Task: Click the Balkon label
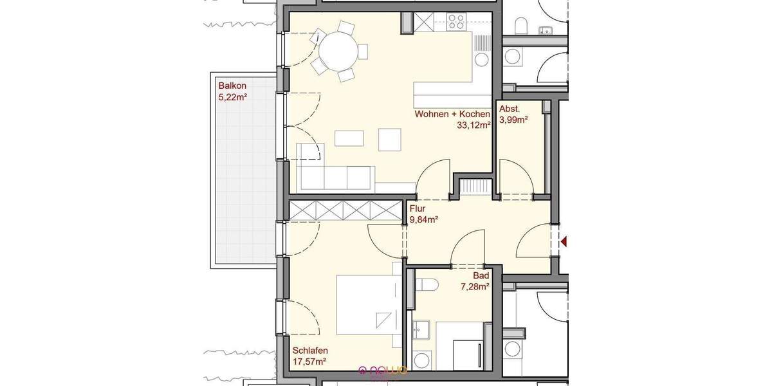[x=232, y=86]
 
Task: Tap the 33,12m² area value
[x=473, y=126]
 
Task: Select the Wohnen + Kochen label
[x=452, y=115]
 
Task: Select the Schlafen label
[x=310, y=351]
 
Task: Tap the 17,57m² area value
[x=309, y=362]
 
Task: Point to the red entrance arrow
[x=564, y=242]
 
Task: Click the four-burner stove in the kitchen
[x=457, y=23]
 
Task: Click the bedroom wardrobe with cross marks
[x=345, y=210]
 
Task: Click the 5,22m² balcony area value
[x=233, y=97]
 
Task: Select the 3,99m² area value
[x=513, y=120]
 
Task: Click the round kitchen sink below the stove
[x=481, y=59]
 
